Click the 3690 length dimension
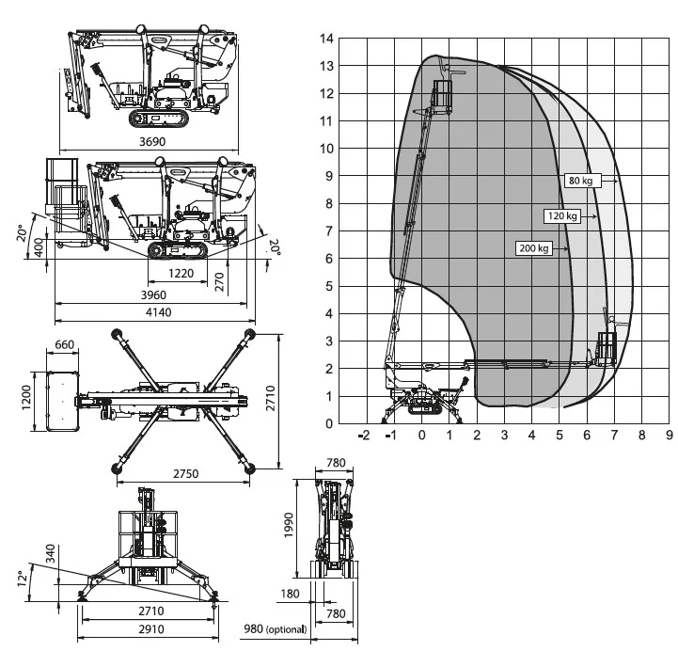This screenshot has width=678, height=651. coord(152,141)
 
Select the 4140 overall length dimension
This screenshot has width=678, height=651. coord(158,312)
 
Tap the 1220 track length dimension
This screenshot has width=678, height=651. coord(181,274)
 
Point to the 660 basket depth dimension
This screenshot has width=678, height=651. coord(65,344)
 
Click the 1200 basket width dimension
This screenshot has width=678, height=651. coord(26,398)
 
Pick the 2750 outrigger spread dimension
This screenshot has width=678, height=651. coord(185,473)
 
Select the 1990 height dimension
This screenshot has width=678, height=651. coord(289,525)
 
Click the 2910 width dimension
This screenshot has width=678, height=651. coord(151,629)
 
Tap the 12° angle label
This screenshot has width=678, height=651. coord(23,579)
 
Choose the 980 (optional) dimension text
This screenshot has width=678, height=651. coord(276,628)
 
